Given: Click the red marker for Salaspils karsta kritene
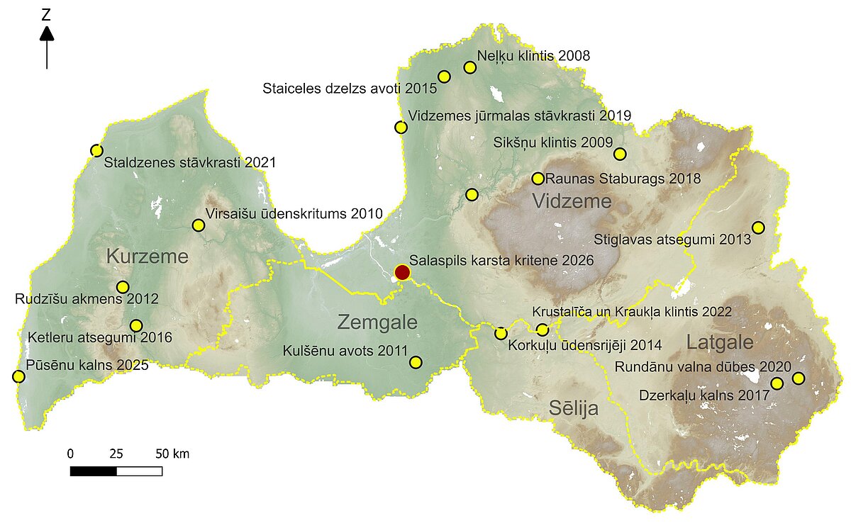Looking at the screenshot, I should click(x=402, y=272).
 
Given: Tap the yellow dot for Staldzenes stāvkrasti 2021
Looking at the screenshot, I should click(x=97, y=150).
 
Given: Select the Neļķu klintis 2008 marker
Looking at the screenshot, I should click(x=469, y=67).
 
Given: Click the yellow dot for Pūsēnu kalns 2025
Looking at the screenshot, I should click(x=18, y=376).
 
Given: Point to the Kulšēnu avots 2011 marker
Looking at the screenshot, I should click(x=416, y=362).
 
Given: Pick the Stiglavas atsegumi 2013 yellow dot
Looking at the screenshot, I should click(x=758, y=227).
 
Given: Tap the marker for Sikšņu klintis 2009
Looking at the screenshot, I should click(x=620, y=154).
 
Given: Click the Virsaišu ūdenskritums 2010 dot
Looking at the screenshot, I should click(x=198, y=225).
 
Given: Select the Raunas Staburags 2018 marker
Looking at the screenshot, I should click(x=538, y=179).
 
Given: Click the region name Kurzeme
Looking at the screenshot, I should click(x=147, y=257).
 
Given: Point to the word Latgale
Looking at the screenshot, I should click(x=719, y=343).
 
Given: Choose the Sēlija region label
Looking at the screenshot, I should click(x=573, y=408).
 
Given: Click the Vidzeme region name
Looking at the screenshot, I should click(x=572, y=202).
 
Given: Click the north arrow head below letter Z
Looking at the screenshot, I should click(x=47, y=33).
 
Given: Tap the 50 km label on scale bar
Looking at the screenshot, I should click(x=172, y=454).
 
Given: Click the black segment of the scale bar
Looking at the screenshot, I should click(x=94, y=471).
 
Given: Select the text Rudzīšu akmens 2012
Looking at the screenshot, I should click(x=87, y=299).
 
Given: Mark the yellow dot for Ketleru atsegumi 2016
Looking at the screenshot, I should click(x=136, y=325).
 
